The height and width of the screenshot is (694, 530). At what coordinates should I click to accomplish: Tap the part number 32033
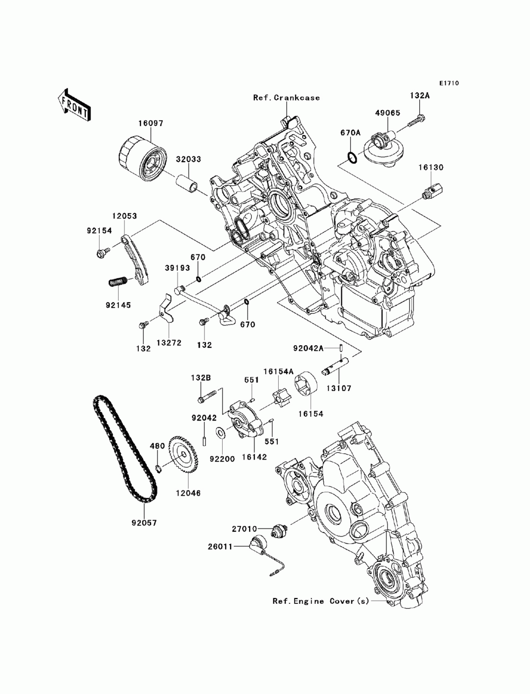coord(188,159)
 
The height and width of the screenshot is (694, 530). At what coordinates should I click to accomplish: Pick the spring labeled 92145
coord(118,281)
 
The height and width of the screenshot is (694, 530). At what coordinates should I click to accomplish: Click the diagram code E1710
coord(449,83)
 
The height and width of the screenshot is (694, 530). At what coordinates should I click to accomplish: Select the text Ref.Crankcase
coord(286,98)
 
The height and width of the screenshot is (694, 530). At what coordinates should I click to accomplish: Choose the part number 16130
coord(431,167)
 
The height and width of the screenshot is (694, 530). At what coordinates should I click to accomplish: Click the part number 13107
coord(339,388)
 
